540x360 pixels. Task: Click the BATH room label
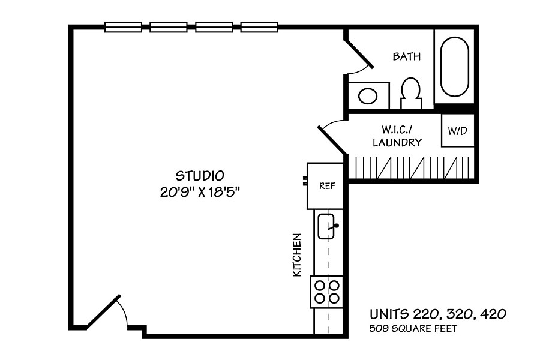tap(407, 56)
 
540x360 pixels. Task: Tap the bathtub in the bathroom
tap(455, 67)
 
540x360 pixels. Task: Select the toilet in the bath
tap(411, 92)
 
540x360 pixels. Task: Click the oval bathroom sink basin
tap(368, 96)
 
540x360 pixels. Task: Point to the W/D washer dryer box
tap(458, 131)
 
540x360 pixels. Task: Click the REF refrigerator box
tap(325, 186)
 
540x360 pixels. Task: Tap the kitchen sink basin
tap(326, 226)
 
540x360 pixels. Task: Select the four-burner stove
tap(326, 292)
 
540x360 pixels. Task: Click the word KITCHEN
tap(297, 255)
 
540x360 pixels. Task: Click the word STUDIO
tap(200, 176)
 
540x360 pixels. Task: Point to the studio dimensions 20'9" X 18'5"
tap(200, 192)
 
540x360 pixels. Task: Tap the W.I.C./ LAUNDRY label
tap(397, 136)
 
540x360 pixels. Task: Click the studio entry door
tap(103, 311)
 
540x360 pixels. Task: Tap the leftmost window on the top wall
tap(123, 27)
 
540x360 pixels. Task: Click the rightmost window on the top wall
tap(259, 27)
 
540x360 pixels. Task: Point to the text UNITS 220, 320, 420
tap(438, 314)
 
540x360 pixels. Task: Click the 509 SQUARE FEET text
tap(413, 329)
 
